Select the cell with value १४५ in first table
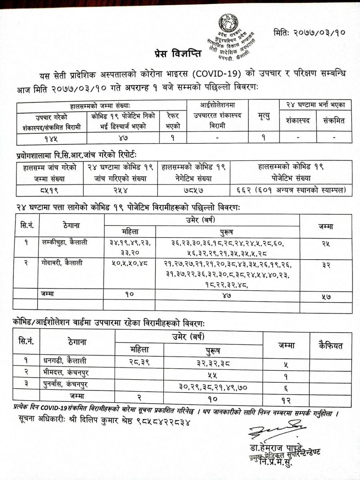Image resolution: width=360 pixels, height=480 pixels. coord(52,138)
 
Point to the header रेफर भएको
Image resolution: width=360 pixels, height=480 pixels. coord(173,121)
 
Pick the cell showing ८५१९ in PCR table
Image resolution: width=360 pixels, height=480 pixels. coord(49,190)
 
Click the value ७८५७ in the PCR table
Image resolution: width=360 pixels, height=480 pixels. coord(194,190)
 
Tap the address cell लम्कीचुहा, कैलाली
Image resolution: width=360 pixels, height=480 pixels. coord(64,242)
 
